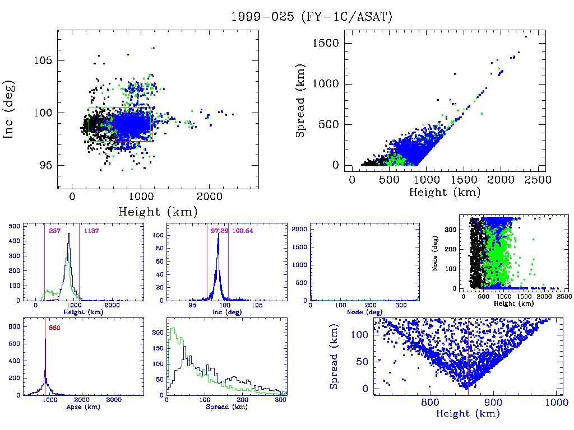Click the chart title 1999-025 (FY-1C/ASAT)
(x=312, y=17)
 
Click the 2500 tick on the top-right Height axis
(x=539, y=180)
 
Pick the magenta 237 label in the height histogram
(x=55, y=231)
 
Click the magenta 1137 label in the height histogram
(x=91, y=231)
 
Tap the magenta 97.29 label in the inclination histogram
(x=218, y=231)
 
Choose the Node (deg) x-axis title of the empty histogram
(x=364, y=312)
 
